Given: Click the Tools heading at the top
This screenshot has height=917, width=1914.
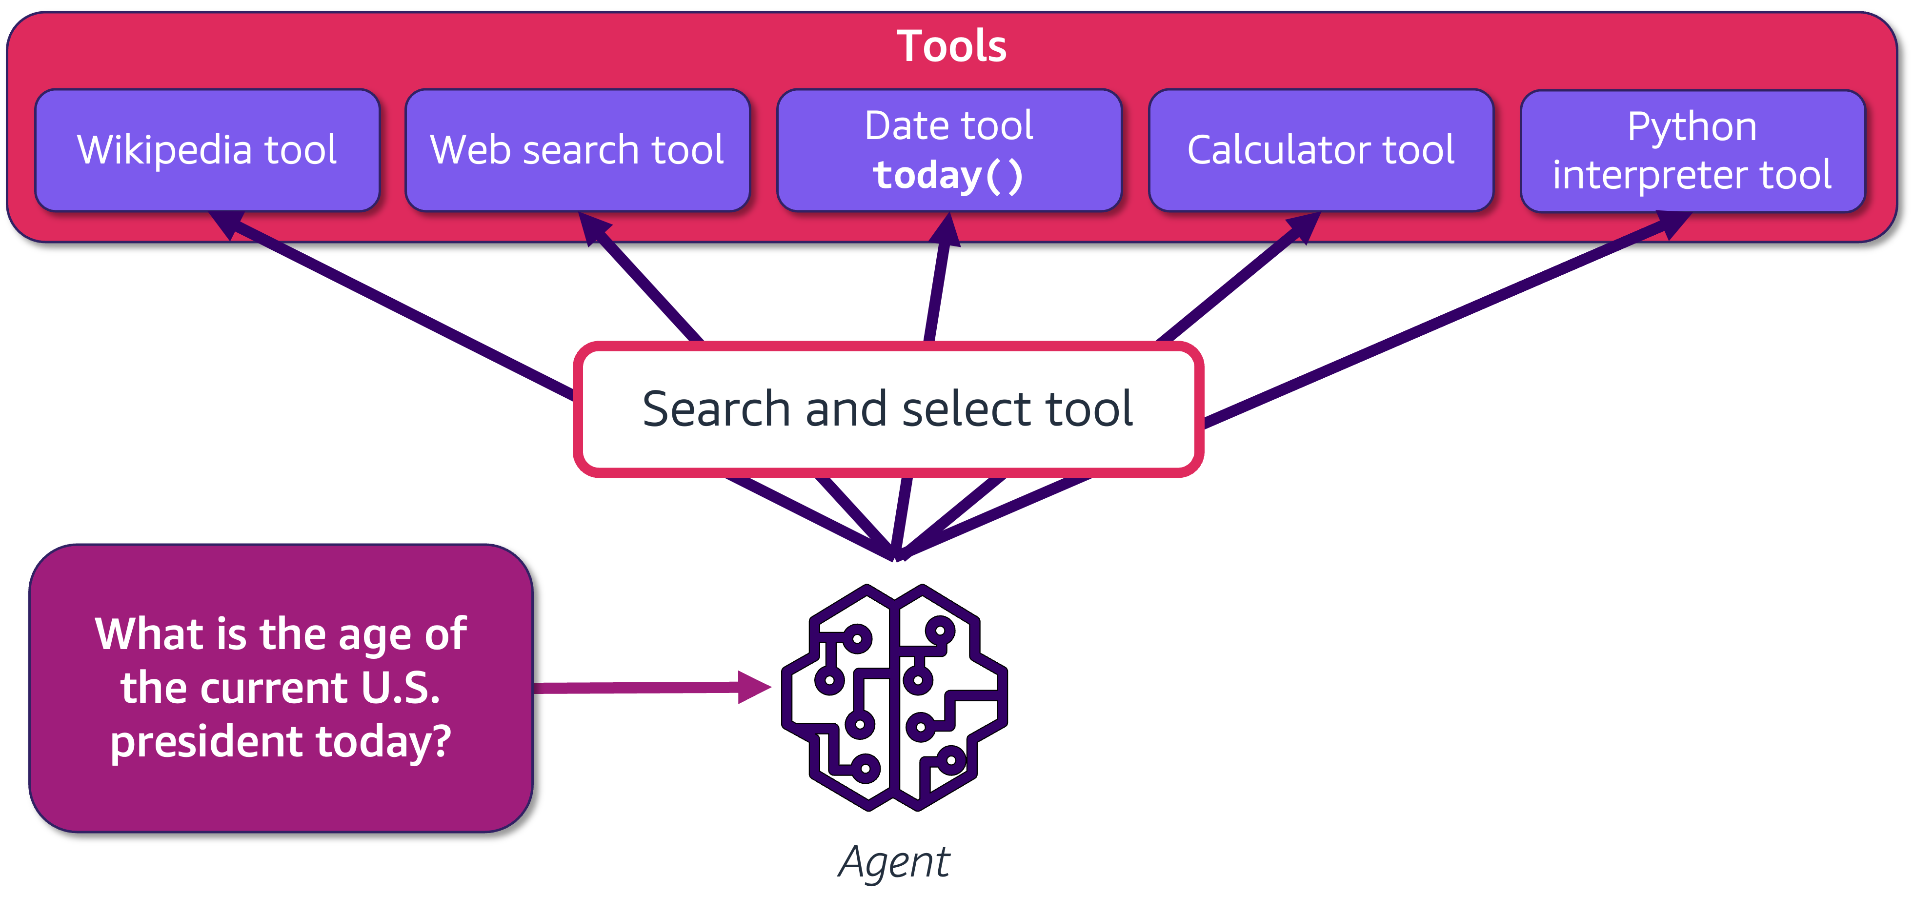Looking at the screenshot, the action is tap(951, 46).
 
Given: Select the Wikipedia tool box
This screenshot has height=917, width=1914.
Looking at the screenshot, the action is tap(207, 150).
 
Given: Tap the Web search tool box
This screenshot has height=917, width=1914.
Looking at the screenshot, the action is tap(577, 150).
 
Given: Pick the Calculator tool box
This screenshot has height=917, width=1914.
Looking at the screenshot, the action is tap(1321, 150).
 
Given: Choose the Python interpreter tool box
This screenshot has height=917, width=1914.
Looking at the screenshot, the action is tap(1692, 151).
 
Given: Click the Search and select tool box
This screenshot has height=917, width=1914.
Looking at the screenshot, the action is tap(888, 409).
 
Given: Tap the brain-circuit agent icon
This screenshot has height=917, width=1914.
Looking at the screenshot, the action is tap(895, 697).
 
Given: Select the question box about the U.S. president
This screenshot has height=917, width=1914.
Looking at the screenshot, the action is tap(281, 688).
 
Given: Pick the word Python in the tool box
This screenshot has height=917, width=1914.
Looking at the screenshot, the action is tap(1692, 126).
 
